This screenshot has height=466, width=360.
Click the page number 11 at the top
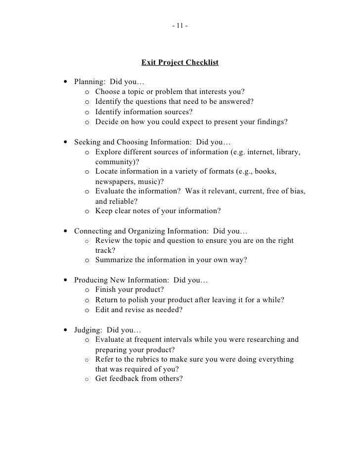point(180,25)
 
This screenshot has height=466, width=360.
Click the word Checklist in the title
point(201,63)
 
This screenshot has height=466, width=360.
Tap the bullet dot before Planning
point(66,82)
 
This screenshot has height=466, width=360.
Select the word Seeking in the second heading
point(87,141)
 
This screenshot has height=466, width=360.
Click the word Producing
point(92,280)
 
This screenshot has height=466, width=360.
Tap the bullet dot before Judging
point(66,330)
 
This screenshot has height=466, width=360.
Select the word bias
point(297,191)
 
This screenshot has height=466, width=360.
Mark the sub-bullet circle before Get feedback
point(87,379)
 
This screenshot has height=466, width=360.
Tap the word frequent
point(155,339)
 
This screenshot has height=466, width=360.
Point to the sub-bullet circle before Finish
point(87,290)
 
